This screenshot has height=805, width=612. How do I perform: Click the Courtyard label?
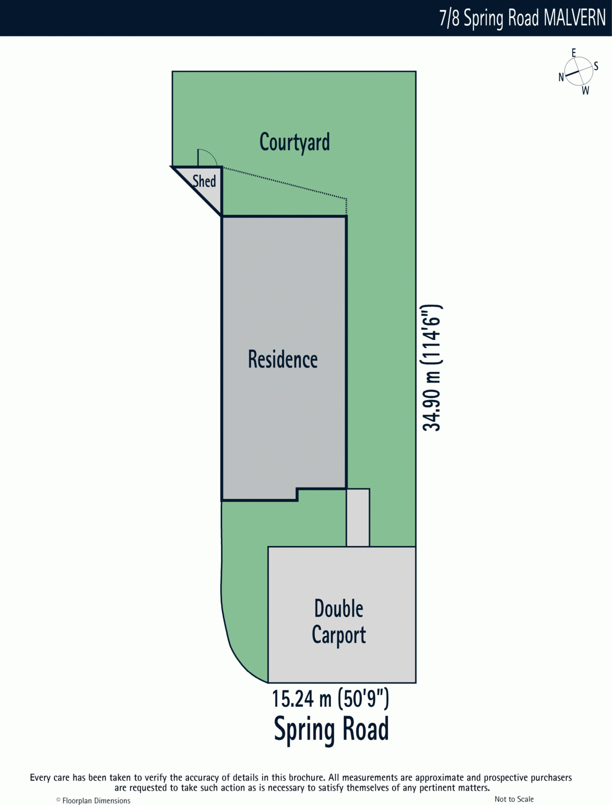point(295,143)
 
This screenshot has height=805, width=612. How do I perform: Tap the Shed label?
point(204,181)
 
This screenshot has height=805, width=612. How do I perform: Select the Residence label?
point(283,359)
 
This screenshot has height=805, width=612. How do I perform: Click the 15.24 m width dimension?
point(330,698)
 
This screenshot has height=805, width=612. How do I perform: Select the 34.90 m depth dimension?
point(431,367)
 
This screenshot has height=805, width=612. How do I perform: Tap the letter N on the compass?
point(561,77)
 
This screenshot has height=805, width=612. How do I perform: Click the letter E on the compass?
point(574,53)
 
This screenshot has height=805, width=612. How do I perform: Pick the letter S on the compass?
point(596,66)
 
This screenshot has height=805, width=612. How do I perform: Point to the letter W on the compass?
point(586,90)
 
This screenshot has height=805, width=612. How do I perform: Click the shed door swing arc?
point(210,154)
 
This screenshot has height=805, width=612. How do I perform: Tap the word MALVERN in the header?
point(575,18)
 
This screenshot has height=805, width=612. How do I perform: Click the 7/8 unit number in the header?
point(450,18)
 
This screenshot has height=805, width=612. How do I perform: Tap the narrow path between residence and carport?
point(358,518)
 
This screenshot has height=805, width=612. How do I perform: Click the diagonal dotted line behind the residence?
point(285,183)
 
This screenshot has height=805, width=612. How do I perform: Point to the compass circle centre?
point(578,71)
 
